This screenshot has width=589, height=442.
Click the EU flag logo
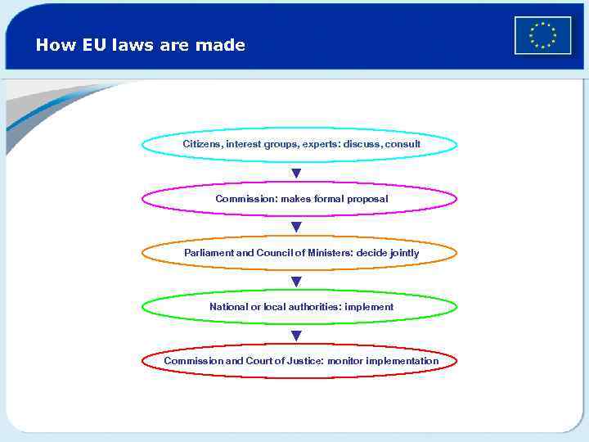542,35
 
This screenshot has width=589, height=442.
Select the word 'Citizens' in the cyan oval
202,144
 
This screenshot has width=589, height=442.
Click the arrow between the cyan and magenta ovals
296,173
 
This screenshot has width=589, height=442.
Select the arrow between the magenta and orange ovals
296,227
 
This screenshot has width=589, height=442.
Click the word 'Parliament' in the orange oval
209,253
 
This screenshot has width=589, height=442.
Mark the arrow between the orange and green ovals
296,281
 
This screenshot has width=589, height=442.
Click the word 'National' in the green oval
228,307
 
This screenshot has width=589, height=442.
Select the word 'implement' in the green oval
369,307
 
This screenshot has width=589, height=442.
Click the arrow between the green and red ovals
296,335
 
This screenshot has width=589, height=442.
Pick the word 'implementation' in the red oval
402,361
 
